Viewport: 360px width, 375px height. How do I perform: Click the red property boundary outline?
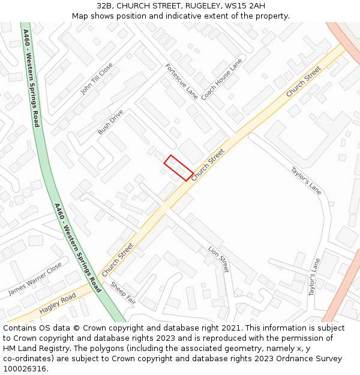pyautogui.click(x=178, y=167)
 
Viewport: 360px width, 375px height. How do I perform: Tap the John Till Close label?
pyautogui.click(x=96, y=79)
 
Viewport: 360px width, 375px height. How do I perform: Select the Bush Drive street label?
pyautogui.click(x=110, y=122)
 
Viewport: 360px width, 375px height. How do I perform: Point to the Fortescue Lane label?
pyautogui.click(x=181, y=81)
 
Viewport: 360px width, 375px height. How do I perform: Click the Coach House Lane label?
pyautogui.click(x=222, y=79)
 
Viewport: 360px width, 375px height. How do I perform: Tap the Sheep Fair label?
pyautogui.click(x=123, y=293)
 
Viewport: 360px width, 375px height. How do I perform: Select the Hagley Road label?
pyautogui.click(x=58, y=304)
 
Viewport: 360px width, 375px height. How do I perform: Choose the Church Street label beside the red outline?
pyautogui.click(x=208, y=166)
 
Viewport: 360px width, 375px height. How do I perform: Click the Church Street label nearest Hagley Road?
pyautogui.click(x=118, y=259)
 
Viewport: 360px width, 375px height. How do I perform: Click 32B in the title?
pyautogui.click(x=106, y=5)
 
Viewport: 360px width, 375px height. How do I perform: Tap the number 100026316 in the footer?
pyautogui.click(x=25, y=369)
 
